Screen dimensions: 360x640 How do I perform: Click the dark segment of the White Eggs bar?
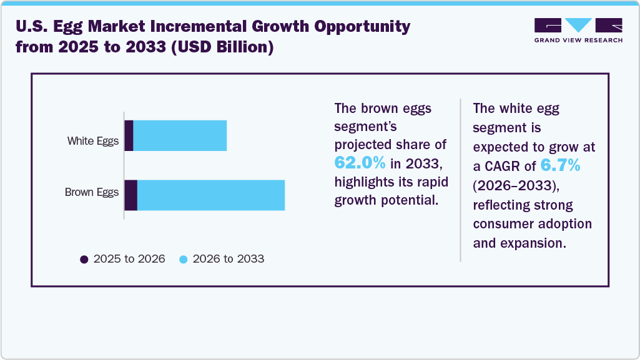[x=129, y=135]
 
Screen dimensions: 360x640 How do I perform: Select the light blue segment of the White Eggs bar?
[x=180, y=135]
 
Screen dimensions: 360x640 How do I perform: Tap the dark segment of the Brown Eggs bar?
[x=131, y=195]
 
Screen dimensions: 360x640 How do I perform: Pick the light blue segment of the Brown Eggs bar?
[x=211, y=195]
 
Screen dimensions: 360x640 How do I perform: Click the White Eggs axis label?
[x=92, y=141]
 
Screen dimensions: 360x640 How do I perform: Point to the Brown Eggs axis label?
[x=91, y=192]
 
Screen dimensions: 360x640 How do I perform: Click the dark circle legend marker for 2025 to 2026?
[x=84, y=259]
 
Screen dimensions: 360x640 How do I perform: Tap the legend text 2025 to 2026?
[x=129, y=259]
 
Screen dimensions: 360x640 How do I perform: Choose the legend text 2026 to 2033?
[x=229, y=259]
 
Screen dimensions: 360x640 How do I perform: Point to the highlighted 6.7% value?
[x=560, y=166]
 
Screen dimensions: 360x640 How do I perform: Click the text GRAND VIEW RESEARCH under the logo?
[x=578, y=40]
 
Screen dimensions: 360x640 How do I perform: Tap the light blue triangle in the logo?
[x=579, y=25]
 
